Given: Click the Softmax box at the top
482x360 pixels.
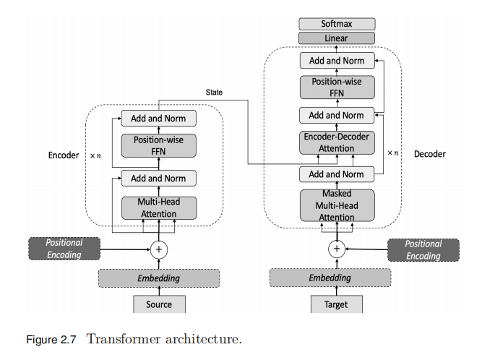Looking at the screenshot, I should [x=337, y=24].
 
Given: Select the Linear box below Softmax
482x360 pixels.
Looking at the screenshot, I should [x=337, y=38].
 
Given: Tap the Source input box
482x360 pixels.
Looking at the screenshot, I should [x=159, y=304].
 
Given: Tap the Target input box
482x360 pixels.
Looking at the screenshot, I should [x=337, y=304].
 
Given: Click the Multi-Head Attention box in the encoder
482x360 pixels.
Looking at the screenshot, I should [x=159, y=208].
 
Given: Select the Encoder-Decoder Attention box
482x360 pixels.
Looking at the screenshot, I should [x=337, y=143].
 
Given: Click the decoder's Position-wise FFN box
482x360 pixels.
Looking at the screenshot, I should [x=337, y=87].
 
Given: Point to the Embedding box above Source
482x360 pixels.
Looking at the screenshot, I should [x=159, y=278].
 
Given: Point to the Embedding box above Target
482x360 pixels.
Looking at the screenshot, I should [x=330, y=278].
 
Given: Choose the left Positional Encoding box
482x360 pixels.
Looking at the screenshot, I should [x=65, y=249].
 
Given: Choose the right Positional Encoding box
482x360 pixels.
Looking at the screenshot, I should [x=423, y=249].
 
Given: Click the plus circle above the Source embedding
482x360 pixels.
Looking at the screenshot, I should [x=159, y=249].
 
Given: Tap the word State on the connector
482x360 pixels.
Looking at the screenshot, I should [x=214, y=93].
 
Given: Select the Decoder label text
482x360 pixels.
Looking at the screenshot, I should [x=430, y=154].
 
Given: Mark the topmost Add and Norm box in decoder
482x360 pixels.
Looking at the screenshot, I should [x=337, y=61].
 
